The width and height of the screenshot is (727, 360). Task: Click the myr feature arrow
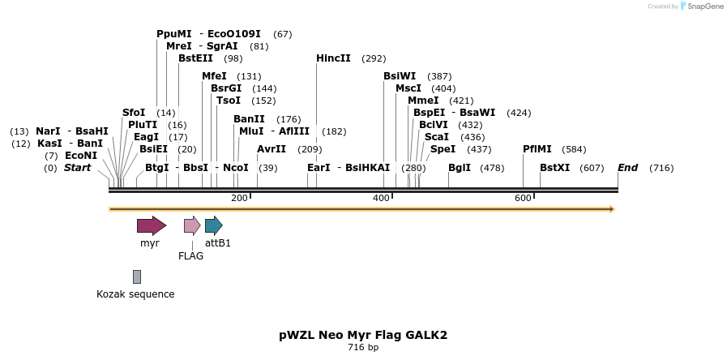[151, 225]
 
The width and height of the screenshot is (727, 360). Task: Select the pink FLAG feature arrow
[192, 225]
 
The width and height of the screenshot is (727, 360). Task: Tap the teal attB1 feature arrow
[213, 225]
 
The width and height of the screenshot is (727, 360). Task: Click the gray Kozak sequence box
[137, 276]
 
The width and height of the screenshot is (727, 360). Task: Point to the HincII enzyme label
[333, 58]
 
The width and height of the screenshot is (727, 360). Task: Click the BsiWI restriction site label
[400, 76]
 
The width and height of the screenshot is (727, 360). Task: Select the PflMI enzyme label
[537, 149]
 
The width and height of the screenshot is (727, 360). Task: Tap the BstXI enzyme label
[555, 168]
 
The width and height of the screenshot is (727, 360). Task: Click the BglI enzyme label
[460, 168]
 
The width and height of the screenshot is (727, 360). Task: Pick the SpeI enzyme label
[443, 149]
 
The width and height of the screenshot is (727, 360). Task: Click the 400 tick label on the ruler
[381, 199]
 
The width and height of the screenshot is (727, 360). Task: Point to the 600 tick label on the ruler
[523, 199]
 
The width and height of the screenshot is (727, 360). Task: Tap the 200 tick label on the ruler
[239, 199]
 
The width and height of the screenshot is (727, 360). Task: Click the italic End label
[628, 168]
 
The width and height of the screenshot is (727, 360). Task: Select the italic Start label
[78, 168]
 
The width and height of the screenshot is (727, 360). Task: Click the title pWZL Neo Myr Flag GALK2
[363, 335]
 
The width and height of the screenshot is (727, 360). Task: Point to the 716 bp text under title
[363, 348]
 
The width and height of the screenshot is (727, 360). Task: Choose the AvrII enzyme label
[272, 149]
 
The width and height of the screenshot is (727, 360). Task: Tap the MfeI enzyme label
[215, 76]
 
